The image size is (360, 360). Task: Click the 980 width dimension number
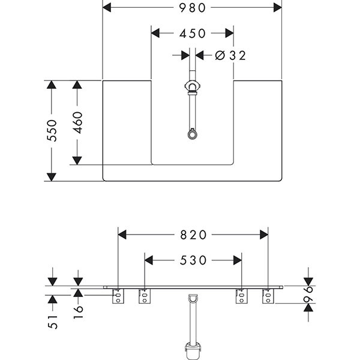click(192, 7)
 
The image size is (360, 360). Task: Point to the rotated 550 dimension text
click(52, 130)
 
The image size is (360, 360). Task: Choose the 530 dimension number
click(193, 260)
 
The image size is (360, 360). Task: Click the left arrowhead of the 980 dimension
click(108, 7)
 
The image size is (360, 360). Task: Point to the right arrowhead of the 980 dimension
click(277, 7)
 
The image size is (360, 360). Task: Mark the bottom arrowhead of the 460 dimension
click(77, 160)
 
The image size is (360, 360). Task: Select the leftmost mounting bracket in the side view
click(118, 296)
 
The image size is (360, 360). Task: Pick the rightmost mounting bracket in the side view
click(268, 296)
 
